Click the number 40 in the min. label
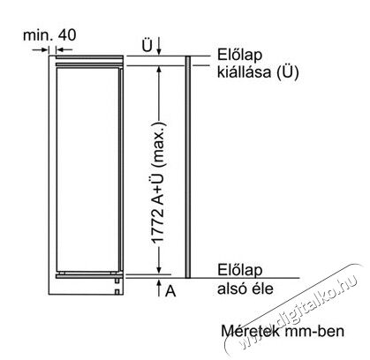click(x=67, y=34)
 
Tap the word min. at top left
click(x=38, y=35)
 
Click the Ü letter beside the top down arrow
click(x=147, y=46)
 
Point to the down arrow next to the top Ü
click(x=159, y=46)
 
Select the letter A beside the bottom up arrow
click(x=170, y=291)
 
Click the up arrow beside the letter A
click(x=159, y=288)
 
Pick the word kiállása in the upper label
click(x=244, y=71)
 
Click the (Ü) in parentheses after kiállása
click(x=288, y=72)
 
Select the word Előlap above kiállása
click(x=239, y=55)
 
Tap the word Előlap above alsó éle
click(x=239, y=270)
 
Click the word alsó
click(x=230, y=289)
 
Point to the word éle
click(x=261, y=289)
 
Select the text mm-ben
click(x=314, y=331)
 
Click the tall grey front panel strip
click(x=188, y=167)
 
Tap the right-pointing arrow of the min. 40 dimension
click(x=41, y=50)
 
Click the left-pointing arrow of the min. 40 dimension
click(x=64, y=50)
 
